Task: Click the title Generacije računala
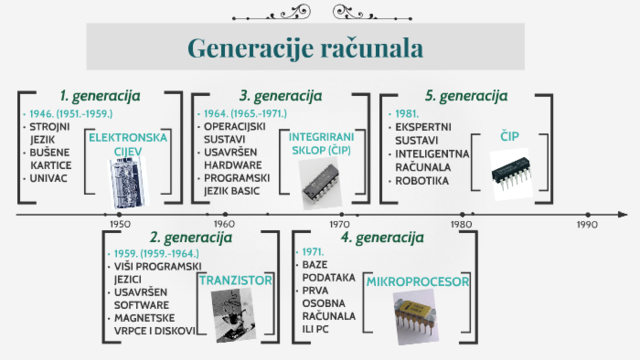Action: coord(305,47)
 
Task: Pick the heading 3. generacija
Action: coord(280,96)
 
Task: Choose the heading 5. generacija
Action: coord(466,96)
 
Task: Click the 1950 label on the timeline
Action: coord(118,225)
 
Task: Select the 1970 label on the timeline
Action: coord(340,225)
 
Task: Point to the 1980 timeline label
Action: coord(461,225)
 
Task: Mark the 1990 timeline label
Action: coord(586,225)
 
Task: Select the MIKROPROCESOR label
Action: coord(418,283)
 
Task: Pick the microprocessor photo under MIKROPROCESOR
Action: coord(421,320)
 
